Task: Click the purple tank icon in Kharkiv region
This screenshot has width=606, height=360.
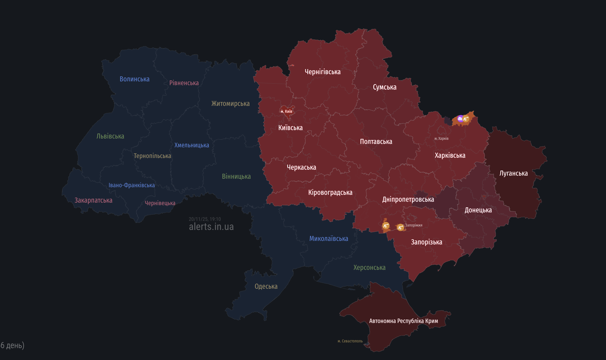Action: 460,118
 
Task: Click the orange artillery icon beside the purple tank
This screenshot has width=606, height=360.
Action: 466,119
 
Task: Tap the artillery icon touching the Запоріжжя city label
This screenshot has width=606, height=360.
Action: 400,227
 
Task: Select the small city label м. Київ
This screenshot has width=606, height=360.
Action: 286,111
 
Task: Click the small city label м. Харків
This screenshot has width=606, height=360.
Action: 441,139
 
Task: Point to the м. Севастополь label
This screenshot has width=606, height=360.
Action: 350,341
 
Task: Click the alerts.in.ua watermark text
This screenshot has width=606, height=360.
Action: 211,227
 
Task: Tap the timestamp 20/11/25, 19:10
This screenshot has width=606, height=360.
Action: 205,219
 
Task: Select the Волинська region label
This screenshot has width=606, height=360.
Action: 134,79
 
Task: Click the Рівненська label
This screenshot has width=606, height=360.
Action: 184,83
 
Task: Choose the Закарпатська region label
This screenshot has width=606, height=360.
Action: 93,200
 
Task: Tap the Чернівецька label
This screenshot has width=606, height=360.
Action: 160,203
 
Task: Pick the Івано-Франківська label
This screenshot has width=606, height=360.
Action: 132,185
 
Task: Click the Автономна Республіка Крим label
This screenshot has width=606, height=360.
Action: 403,321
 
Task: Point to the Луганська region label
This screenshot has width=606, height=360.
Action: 513,173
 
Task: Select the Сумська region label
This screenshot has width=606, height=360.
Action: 385,87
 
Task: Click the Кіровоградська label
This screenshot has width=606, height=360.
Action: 330,193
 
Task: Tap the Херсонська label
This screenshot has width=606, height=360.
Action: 369,268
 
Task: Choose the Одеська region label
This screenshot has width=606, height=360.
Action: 266,286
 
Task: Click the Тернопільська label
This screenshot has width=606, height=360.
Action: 152,156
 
